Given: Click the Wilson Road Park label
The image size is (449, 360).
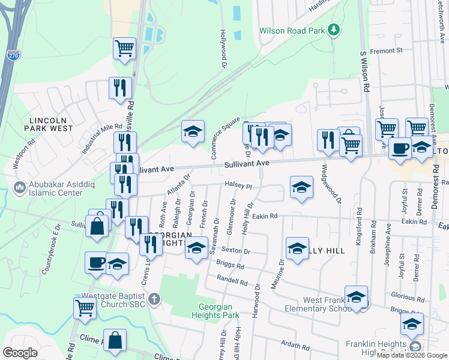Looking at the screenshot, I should [x=292, y=31].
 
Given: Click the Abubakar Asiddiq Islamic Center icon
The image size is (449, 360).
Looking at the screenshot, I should [x=20, y=188].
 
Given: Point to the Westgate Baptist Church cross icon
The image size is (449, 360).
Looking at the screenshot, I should [x=154, y=298].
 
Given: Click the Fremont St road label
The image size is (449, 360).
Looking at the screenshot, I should [x=390, y=51].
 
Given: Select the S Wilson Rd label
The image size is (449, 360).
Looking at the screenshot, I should [x=364, y=71].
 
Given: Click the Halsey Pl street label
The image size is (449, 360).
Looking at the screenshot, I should [x=238, y=185].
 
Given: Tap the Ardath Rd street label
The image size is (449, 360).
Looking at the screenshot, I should [x=295, y=344].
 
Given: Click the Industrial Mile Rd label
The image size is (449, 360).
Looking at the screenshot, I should [x=102, y=137].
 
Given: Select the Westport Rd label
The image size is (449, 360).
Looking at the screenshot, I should [x=23, y=155].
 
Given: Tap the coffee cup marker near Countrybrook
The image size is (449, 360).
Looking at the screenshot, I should [x=96, y=263].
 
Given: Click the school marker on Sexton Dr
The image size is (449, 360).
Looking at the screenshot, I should [x=196, y=248].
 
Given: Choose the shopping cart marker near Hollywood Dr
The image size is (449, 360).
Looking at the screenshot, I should [x=124, y=48].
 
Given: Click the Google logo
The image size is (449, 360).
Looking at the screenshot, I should [x=20, y=353].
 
